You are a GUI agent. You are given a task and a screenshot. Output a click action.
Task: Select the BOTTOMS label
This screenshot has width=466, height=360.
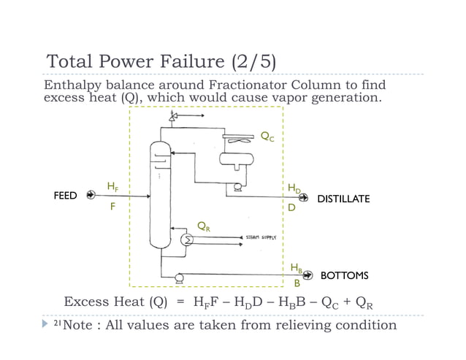(x=344, y=275)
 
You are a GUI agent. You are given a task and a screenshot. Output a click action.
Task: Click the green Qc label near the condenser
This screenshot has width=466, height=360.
(x=269, y=136)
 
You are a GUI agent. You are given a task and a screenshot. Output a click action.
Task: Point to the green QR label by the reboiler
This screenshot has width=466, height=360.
(x=205, y=226)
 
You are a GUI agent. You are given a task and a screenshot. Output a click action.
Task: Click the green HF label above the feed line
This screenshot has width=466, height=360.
(x=113, y=188)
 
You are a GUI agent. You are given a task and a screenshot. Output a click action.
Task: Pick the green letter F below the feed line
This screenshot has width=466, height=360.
(x=112, y=207)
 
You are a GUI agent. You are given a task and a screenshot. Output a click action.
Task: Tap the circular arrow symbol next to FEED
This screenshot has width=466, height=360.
(x=91, y=195)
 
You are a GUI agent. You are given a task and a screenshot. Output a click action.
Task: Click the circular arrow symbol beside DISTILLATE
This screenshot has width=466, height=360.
(x=306, y=197)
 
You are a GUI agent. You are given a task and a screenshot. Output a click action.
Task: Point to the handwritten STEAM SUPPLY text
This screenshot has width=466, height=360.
(x=259, y=238)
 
